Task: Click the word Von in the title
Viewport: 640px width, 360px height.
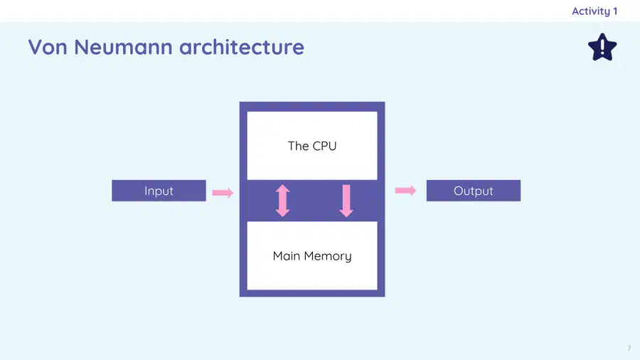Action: pos(48,47)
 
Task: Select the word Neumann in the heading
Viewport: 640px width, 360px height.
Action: pos(123,47)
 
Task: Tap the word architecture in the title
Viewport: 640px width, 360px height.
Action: pos(242,47)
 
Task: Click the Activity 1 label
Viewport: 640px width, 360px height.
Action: pos(594,11)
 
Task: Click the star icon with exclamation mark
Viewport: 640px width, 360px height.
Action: pos(602,48)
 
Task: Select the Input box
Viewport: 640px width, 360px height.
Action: pos(159,191)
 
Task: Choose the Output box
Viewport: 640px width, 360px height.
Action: pos(474,191)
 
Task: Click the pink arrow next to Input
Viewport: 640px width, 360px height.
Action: pos(223,193)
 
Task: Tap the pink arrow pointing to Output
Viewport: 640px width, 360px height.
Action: pos(405,190)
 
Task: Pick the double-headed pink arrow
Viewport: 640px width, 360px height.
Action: pos(282,201)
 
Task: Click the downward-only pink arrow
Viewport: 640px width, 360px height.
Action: pos(346,201)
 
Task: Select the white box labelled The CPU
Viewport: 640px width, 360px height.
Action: pos(312,146)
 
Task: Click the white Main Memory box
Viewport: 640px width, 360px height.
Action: pos(312,256)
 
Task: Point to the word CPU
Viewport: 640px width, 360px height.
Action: pos(324,146)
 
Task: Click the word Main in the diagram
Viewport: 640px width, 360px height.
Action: pos(287,256)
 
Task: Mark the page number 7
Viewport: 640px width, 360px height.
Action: pos(629,348)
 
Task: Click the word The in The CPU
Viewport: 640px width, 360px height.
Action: pos(299,146)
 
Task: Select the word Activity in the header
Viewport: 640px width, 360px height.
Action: pos(591,11)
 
